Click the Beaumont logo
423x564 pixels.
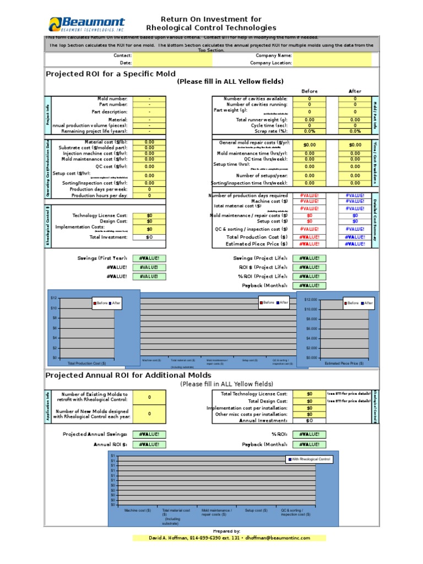tap(87, 24)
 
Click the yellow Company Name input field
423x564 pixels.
tap(332, 56)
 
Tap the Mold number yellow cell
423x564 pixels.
tap(149, 99)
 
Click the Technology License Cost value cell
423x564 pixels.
tap(149, 215)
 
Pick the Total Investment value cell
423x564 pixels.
tap(149, 237)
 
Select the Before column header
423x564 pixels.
tap(309, 91)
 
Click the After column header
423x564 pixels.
tap(355, 91)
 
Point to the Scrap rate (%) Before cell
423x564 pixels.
tap(309, 131)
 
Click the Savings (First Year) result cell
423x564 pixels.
tap(149, 258)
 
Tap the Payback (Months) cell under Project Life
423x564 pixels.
tap(309, 285)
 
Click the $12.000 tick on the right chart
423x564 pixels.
tap(310, 300)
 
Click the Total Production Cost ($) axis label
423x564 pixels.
tap(87, 364)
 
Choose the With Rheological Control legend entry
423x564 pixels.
tap(309, 459)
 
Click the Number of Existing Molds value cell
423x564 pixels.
tap(149, 397)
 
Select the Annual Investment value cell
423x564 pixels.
tap(309, 421)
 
